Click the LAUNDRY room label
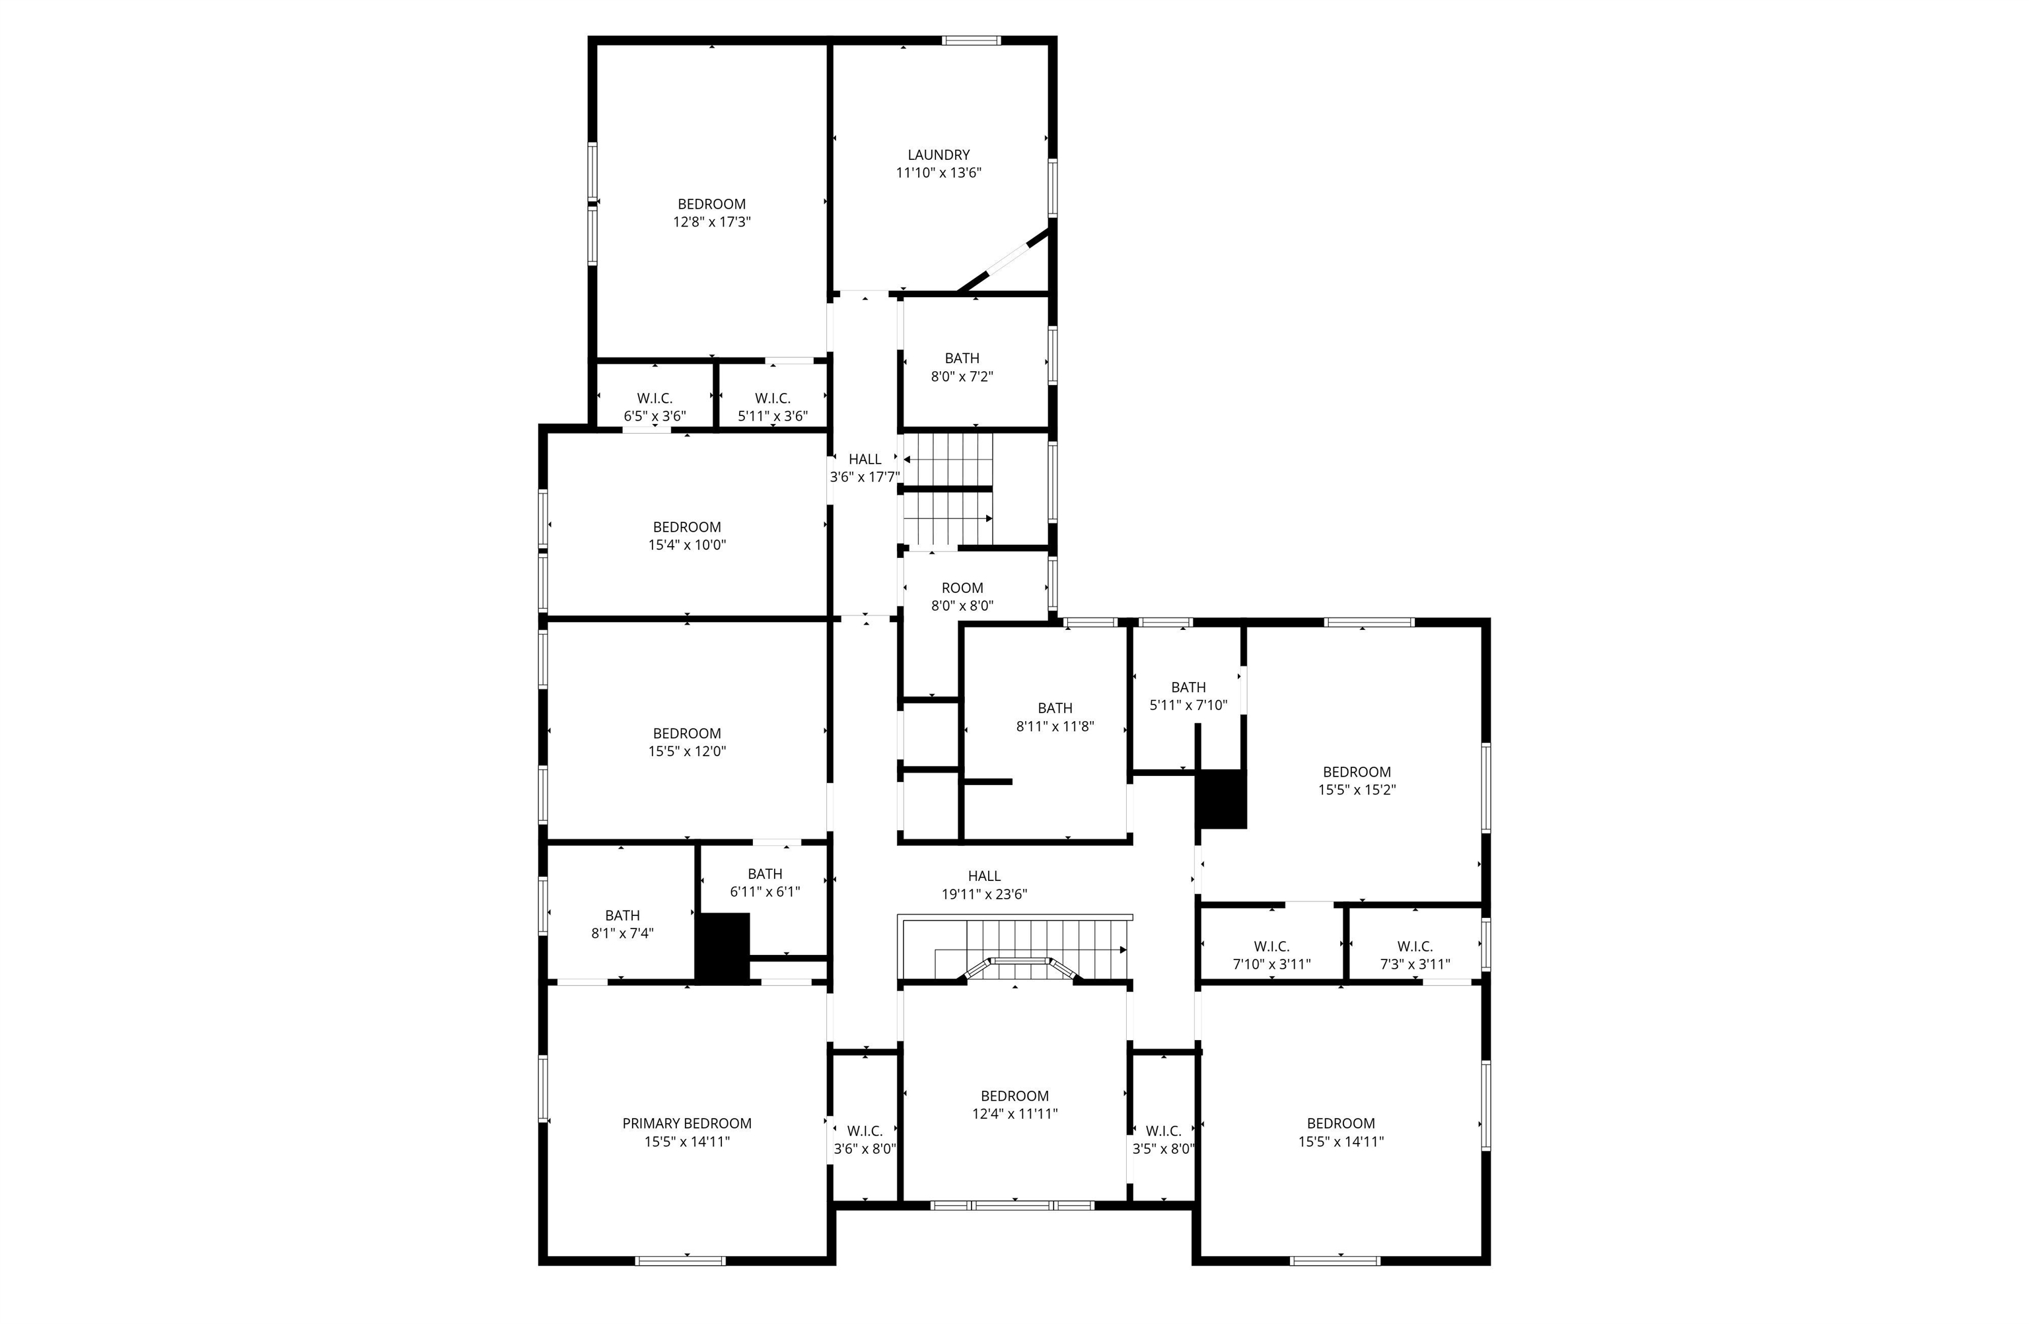pos(938,155)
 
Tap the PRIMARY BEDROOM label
pos(686,1124)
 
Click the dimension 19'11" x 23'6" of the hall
pos(984,894)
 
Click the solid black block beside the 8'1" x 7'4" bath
pos(722,948)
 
